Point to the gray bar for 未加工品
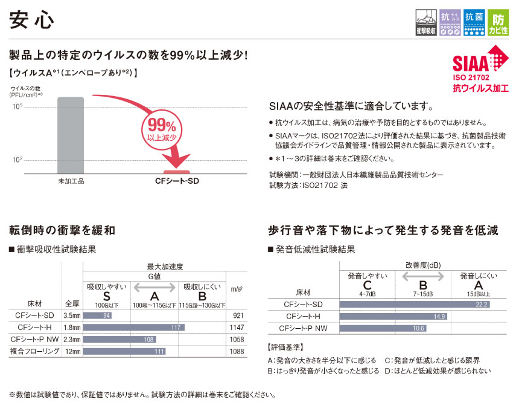tap(71, 135)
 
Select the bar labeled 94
tap(97, 316)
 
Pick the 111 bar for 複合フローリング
tap(124, 351)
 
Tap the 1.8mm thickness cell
tap(71, 327)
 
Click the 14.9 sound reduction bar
tap(393, 316)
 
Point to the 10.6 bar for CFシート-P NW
tap(383, 328)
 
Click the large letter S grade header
tap(106, 296)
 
